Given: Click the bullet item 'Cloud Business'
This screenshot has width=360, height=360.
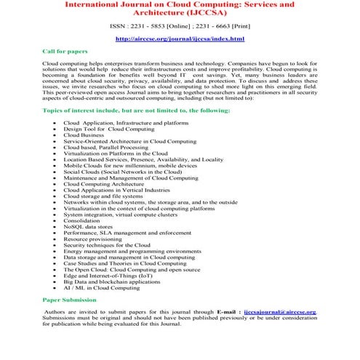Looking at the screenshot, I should coord(83,135).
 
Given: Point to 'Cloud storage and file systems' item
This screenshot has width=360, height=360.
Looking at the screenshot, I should coord(103,198).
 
